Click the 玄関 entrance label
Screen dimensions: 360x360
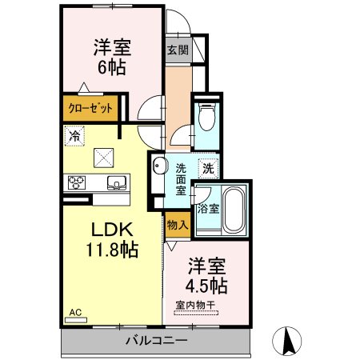[x=178, y=50]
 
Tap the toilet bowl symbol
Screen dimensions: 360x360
[x=207, y=117]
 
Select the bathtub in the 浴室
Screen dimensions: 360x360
[x=234, y=210]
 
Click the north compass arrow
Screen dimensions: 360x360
[x=287, y=341]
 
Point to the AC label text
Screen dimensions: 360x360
[x=75, y=312]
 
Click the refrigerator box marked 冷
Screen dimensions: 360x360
[x=74, y=136]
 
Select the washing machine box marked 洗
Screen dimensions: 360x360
[x=209, y=169]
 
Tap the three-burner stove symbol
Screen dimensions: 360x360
[x=77, y=182]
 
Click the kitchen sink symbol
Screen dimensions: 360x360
[x=117, y=182]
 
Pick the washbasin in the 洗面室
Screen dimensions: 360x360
[x=159, y=166]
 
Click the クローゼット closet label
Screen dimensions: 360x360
[x=90, y=108]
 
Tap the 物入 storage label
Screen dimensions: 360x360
[x=178, y=225]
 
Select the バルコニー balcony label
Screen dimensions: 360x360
[x=157, y=341]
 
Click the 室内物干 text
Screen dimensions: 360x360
[x=195, y=305]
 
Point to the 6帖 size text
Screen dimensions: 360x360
[x=112, y=67]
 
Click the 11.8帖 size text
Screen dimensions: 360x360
[x=112, y=250]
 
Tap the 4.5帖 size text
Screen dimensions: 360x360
[x=206, y=286]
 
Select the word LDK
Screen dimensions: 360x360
[x=112, y=230]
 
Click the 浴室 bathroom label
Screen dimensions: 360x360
[x=208, y=209]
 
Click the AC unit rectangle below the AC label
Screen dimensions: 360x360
[x=76, y=320]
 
